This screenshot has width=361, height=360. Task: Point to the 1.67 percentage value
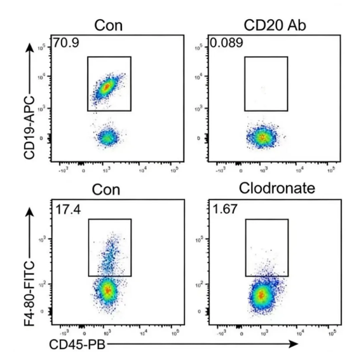coord(221,208)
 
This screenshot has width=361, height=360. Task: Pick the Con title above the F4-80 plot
coord(108,189)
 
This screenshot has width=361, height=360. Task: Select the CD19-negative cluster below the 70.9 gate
coord(107,137)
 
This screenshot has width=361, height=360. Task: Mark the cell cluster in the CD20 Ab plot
coord(262,137)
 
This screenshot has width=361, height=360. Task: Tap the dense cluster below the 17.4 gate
coord(107,291)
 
